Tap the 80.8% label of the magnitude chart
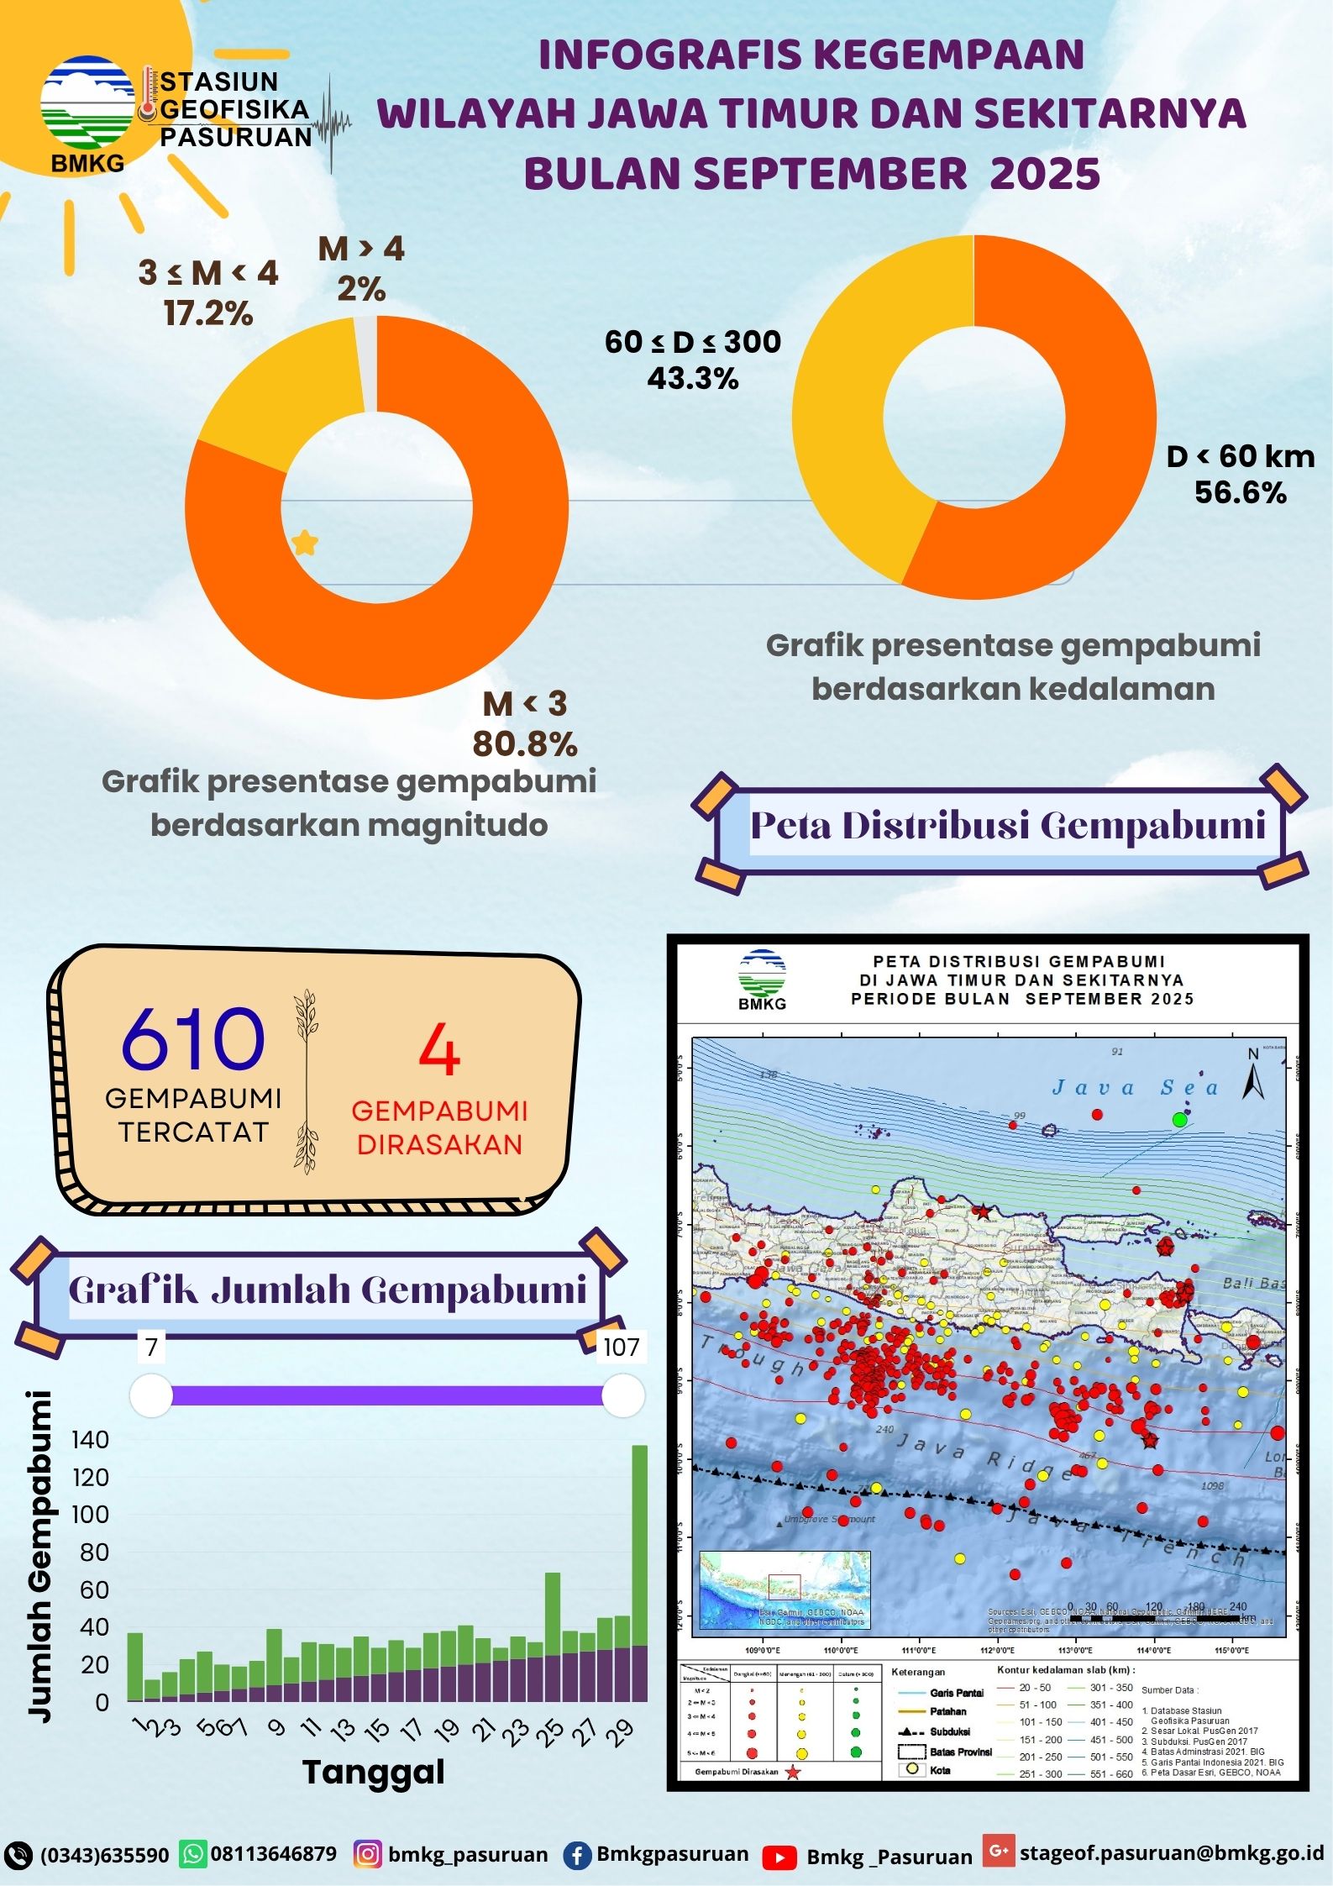click(525, 743)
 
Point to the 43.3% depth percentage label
click(692, 379)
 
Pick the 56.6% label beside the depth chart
click(1240, 492)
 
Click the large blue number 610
click(193, 1040)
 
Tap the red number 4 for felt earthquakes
click(438, 1051)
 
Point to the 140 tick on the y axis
click(91, 1440)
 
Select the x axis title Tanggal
click(373, 1772)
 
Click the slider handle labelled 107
click(622, 1395)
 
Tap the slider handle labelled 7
click(152, 1395)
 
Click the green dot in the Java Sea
click(1179, 1119)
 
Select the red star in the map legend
click(792, 1772)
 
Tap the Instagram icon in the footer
click(367, 1853)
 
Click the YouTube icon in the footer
click(780, 1856)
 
